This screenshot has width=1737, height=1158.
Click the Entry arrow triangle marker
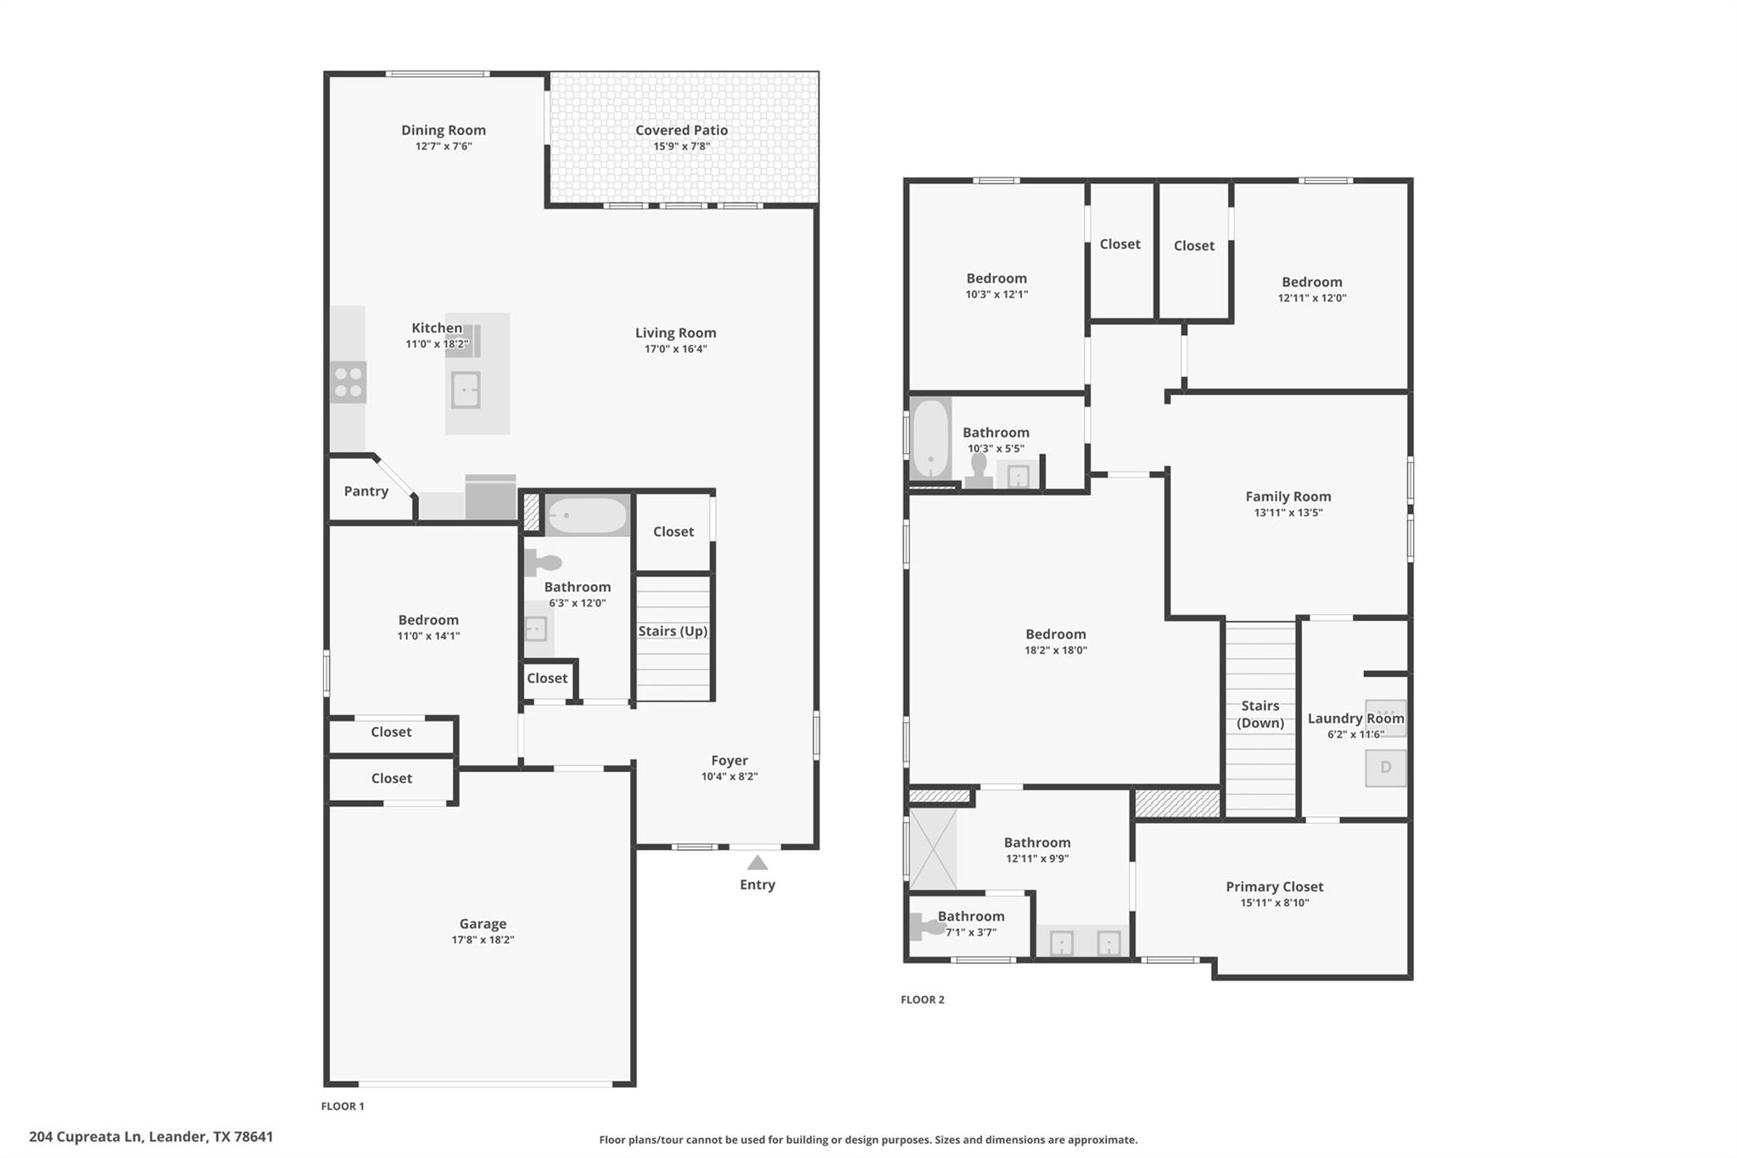757,863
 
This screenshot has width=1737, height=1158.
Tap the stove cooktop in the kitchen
348,382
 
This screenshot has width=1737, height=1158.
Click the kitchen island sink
466,390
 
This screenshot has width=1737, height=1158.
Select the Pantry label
366,491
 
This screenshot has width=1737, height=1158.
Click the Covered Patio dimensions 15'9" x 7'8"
681,146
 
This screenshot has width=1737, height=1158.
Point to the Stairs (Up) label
673,631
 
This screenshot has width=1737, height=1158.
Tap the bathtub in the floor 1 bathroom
587,515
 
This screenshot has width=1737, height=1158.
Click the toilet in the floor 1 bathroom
544,562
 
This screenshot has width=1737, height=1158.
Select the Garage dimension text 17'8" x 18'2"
483,940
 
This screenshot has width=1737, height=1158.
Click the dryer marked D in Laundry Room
1385,768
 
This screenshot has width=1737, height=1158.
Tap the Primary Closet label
1274,887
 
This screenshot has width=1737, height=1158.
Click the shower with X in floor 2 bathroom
932,848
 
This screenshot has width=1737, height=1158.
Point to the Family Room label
1287,496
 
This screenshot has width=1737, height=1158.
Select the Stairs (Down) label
1259,714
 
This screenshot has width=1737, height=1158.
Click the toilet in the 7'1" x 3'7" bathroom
926,927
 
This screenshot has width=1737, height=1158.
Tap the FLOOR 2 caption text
922,999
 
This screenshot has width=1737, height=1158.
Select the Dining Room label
444,130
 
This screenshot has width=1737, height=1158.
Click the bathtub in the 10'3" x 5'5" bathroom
930,439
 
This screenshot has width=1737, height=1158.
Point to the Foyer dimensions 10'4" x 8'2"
729,776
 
